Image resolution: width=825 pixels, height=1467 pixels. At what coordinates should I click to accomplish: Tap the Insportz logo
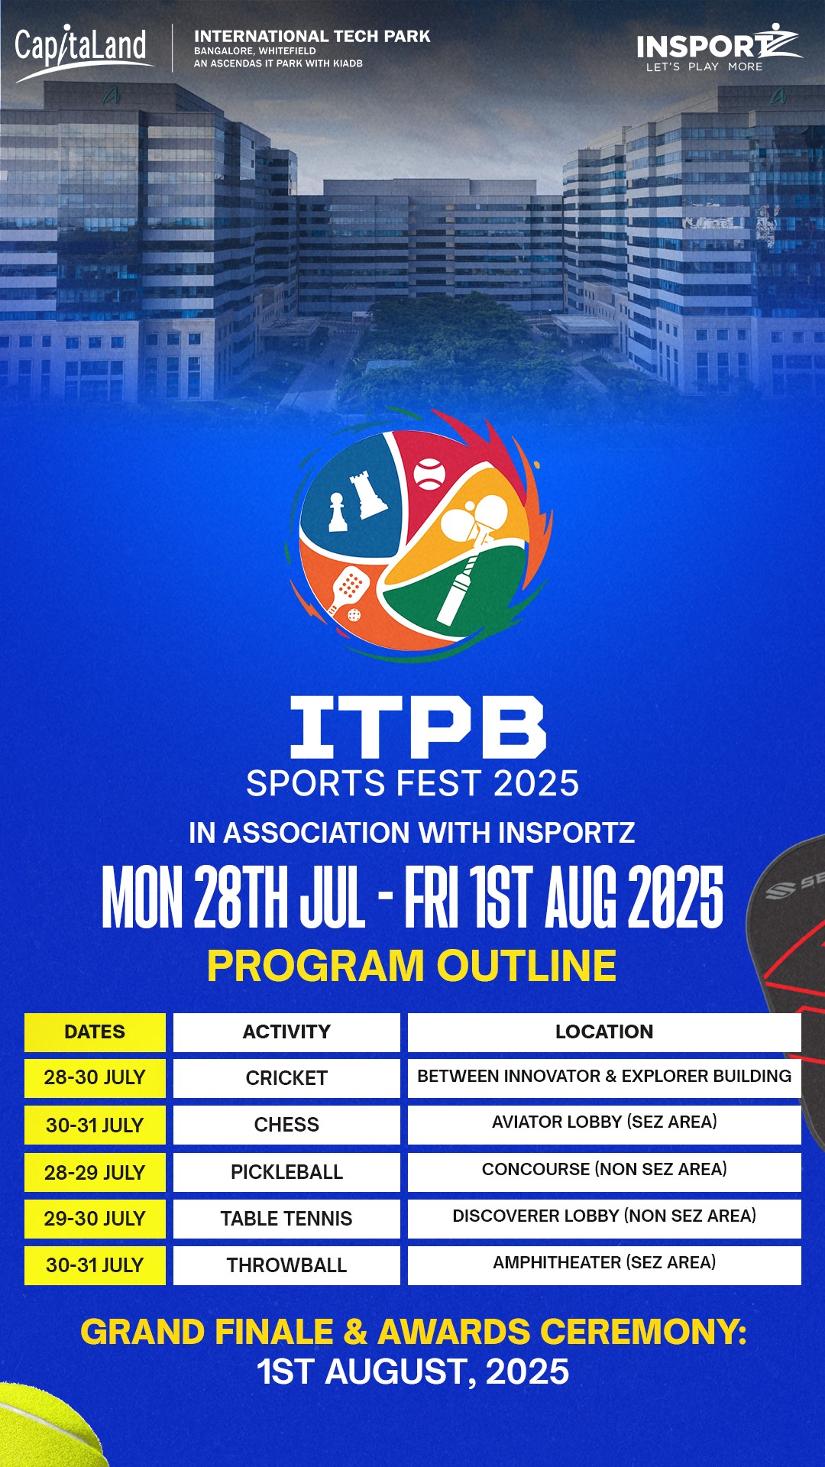[719, 47]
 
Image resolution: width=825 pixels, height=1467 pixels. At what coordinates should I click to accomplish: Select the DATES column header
[95, 1031]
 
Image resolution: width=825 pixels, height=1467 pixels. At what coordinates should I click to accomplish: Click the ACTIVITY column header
[286, 1031]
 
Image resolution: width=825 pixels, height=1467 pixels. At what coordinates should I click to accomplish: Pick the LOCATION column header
[604, 1031]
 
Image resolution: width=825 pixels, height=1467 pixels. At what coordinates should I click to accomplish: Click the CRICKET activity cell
[286, 1078]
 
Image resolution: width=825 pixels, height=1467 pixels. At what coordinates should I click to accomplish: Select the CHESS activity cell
[286, 1125]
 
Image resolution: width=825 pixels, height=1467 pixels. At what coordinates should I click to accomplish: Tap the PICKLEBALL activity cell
[286, 1172]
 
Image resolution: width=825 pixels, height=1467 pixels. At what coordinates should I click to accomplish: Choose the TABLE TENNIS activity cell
[286, 1219]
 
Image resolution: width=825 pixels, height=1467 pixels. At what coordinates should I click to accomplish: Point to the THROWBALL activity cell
[286, 1265]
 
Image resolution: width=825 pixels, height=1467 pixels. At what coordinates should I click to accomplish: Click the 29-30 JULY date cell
[95, 1219]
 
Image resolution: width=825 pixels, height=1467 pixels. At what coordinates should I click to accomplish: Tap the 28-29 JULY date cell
[95, 1172]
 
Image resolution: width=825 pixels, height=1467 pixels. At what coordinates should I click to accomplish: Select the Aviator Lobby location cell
[604, 1125]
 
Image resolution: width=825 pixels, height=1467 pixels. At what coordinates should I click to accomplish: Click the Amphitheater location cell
[604, 1265]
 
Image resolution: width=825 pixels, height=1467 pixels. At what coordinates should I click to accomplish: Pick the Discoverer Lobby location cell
[604, 1219]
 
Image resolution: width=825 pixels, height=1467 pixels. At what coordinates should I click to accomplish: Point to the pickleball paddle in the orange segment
[348, 588]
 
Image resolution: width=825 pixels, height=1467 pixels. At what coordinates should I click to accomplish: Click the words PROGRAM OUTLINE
[412, 966]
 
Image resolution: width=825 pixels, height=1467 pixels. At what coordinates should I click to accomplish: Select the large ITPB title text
[418, 727]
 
